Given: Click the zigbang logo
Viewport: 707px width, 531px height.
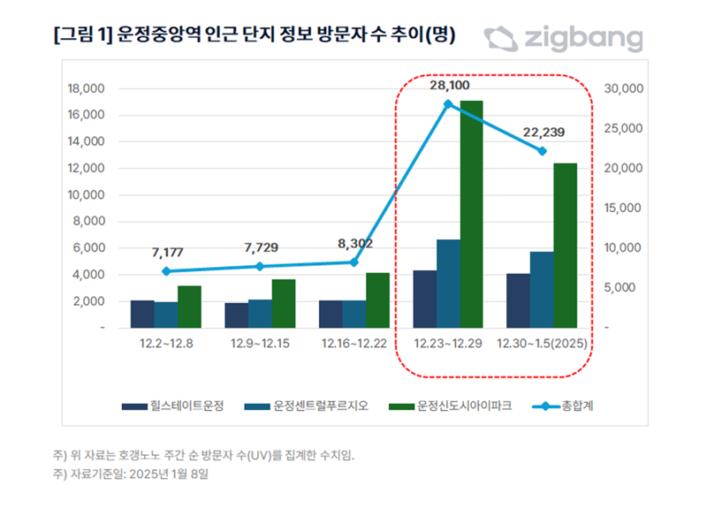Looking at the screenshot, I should pos(562,39).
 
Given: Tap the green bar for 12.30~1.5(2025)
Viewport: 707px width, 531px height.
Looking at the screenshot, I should pos(565,245).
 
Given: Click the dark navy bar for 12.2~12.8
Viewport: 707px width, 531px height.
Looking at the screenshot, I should pos(142,314).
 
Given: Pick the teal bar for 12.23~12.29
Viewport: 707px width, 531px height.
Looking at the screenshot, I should pos(448,283).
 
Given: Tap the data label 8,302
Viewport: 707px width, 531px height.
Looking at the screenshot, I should pos(354,242).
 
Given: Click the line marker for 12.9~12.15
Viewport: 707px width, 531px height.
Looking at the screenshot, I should pos(260,266).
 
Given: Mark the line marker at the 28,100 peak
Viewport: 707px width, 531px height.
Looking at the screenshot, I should pos(448,104).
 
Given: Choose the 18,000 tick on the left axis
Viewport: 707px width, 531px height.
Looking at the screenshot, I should pos(86,88).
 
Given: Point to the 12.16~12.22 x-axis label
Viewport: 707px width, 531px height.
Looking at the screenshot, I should pos(353,343).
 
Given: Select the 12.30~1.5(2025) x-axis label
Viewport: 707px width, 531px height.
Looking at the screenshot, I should pos(543,343).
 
